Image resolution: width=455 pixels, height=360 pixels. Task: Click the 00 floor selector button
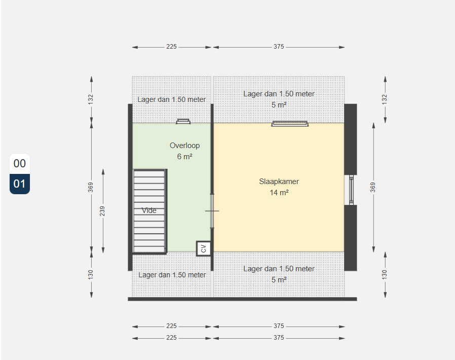(20, 164)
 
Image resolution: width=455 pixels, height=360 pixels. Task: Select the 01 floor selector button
(20, 184)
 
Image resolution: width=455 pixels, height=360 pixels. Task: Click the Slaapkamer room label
(279, 182)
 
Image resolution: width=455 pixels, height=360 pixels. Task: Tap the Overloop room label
(184, 146)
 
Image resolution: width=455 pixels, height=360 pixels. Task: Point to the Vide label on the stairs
(149, 210)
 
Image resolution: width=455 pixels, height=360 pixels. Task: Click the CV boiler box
(203, 248)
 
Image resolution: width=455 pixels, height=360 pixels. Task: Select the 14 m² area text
(279, 193)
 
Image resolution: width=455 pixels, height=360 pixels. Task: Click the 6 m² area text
(185, 157)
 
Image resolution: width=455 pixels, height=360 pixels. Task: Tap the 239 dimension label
(102, 211)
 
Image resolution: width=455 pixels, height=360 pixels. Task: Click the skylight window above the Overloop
(183, 121)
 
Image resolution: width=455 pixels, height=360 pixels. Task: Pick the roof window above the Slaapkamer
(290, 124)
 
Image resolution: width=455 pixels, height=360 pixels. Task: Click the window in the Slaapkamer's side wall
(351, 190)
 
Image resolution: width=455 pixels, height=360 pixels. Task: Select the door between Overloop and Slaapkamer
(212, 211)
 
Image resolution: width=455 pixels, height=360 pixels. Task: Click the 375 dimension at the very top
(279, 47)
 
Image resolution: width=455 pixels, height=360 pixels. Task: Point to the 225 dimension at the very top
(171, 47)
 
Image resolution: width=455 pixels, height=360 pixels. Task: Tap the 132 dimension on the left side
(91, 99)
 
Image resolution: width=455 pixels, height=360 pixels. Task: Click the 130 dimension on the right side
(385, 275)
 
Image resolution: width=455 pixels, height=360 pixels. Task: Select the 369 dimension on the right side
(373, 187)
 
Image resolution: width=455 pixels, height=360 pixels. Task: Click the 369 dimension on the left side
(91, 187)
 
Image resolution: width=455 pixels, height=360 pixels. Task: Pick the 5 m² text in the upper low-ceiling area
(279, 105)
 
